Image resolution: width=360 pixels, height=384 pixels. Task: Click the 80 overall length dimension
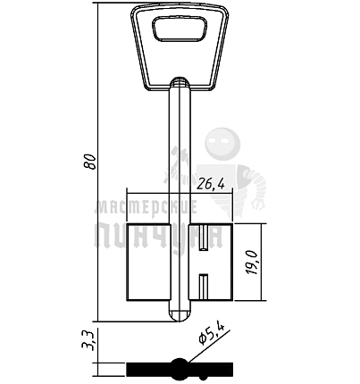click(x=89, y=162)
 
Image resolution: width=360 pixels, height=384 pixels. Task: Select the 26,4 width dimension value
click(x=211, y=185)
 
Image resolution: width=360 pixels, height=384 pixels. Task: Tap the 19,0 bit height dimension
click(x=253, y=263)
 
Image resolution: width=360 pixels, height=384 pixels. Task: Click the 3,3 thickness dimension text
click(x=88, y=341)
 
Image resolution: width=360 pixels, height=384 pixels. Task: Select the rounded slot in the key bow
click(x=180, y=29)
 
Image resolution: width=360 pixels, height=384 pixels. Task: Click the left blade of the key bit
click(x=148, y=262)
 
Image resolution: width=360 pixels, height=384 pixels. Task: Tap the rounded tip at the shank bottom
click(x=180, y=316)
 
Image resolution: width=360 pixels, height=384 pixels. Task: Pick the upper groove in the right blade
click(x=204, y=238)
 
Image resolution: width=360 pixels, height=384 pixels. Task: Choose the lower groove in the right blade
click(x=204, y=287)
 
